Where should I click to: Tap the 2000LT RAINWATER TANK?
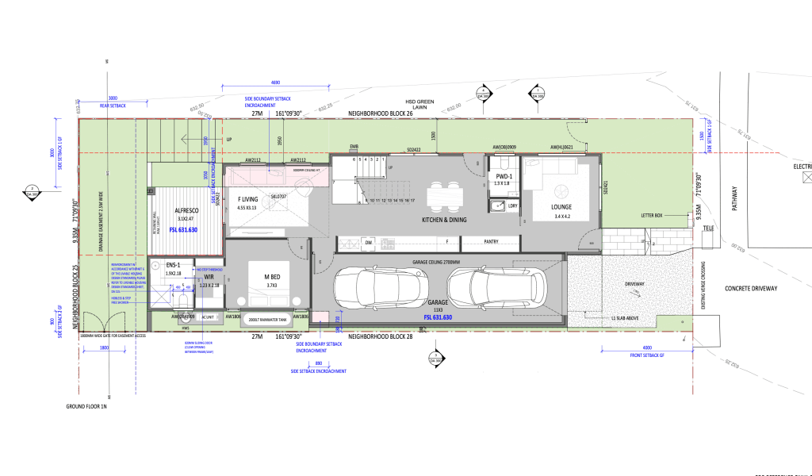click(x=265, y=320)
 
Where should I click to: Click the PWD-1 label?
click(x=503, y=176)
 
